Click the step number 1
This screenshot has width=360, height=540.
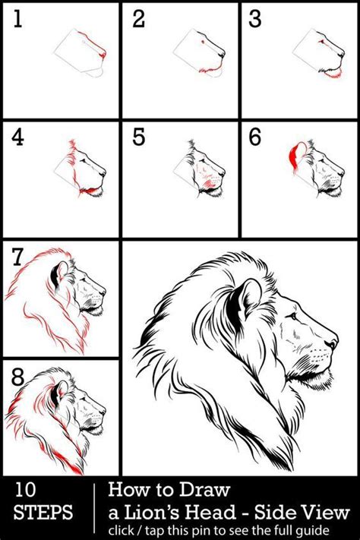(x=17, y=18)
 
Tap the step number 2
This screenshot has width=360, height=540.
(x=138, y=18)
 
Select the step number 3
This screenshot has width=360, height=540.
(x=255, y=18)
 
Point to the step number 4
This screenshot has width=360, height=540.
(x=17, y=137)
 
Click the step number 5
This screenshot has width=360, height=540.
(x=138, y=137)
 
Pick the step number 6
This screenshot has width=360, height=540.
(x=255, y=137)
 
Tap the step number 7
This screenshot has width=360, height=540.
(x=17, y=257)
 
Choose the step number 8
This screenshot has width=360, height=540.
(x=17, y=377)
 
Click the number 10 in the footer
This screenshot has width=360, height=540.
(x=25, y=490)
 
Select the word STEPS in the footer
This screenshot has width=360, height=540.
(x=43, y=512)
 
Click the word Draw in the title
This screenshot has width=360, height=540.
(x=204, y=489)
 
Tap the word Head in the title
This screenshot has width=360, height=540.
(x=210, y=512)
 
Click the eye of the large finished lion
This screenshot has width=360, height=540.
(x=293, y=316)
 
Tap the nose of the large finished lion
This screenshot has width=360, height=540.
(x=333, y=342)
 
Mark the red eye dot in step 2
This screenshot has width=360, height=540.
(x=203, y=42)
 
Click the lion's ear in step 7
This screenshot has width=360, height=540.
(x=59, y=273)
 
